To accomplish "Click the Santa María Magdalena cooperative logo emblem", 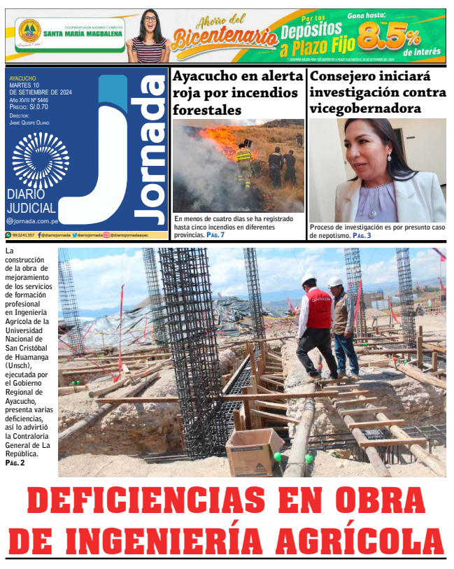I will (x=29, y=31).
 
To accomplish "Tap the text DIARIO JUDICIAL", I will (x=31, y=201).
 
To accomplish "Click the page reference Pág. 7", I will (x=215, y=235).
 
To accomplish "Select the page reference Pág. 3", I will (x=362, y=236).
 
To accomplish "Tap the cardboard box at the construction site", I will (x=253, y=451).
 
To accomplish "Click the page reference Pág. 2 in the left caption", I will (x=15, y=463).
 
